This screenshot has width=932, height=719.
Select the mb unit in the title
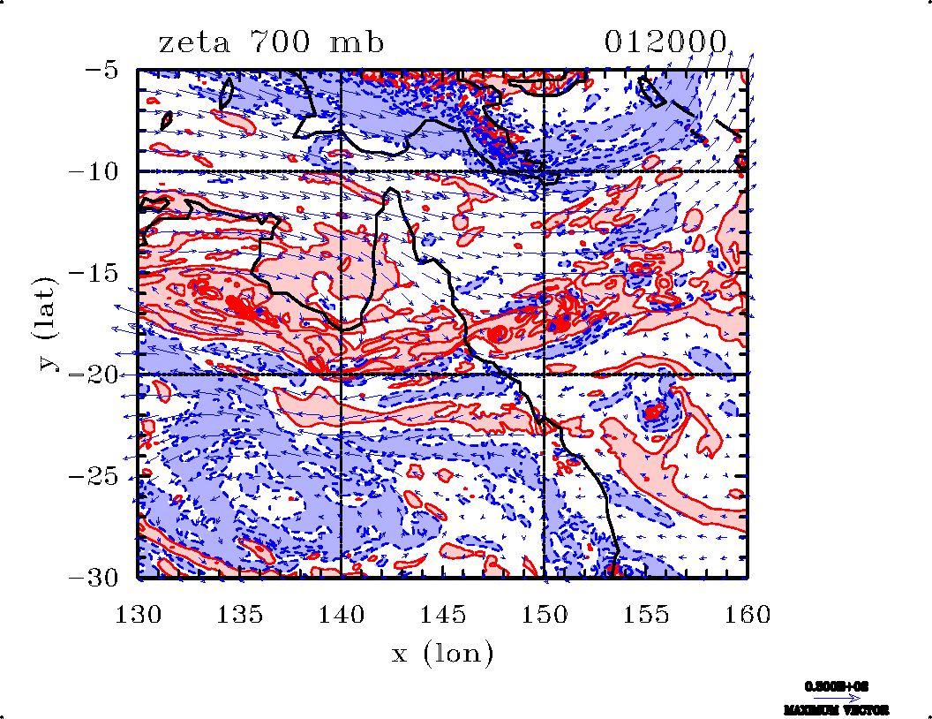357,42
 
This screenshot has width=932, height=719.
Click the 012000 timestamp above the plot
666,42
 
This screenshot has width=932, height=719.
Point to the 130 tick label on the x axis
138,614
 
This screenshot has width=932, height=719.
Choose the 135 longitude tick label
239,614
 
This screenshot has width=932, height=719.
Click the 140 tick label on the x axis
342,614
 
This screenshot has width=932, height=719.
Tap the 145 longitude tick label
443,614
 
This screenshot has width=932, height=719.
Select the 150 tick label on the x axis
545,614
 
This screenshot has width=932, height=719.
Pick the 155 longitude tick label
646,614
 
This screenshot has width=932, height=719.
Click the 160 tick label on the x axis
748,614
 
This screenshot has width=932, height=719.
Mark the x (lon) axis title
442,655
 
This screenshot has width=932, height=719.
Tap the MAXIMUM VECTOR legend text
835,710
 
